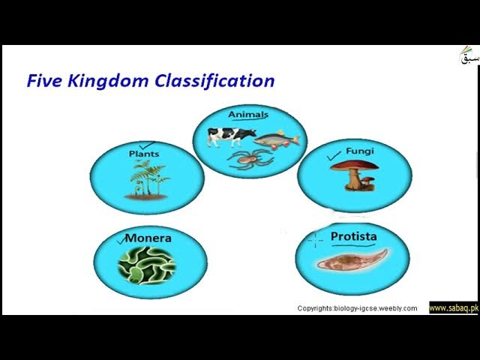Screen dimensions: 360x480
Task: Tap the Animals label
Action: point(247,114)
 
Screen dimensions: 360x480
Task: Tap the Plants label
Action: point(144,154)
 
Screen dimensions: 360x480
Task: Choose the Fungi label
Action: point(360,151)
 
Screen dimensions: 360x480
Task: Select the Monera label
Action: point(148,238)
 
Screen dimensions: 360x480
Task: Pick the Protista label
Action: point(353,237)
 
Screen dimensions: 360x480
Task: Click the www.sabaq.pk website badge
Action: point(453,308)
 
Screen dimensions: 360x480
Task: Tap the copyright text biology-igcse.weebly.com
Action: point(357,308)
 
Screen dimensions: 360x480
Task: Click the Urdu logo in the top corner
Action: point(468,57)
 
